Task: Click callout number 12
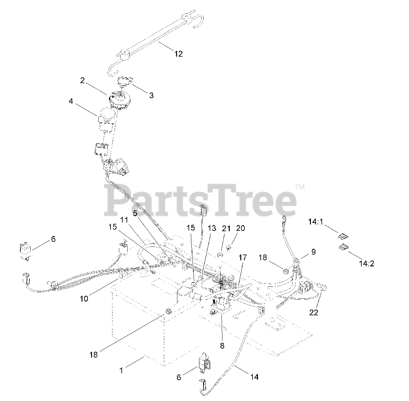coord(178,54)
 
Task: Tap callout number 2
coord(82,81)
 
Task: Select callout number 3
coord(151,95)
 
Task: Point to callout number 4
coord(71,101)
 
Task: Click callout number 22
coord(314,312)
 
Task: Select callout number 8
coord(222,345)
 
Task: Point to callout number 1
coord(121,370)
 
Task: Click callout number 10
coord(84,299)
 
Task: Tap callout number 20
coord(241,228)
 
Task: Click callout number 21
coord(226,228)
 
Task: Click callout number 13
coord(212,228)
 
